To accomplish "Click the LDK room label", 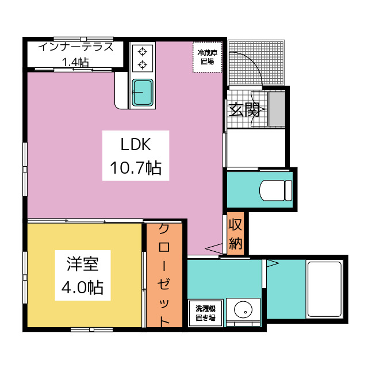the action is (136, 144).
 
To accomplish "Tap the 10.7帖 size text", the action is (136, 168).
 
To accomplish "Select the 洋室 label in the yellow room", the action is (83, 264).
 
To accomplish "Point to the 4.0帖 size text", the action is (82, 287).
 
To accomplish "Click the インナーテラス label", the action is (76, 47).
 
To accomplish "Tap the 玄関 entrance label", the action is (244, 109).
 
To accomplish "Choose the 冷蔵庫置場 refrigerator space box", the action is (208, 57).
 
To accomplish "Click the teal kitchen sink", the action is (143, 92).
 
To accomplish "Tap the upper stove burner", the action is (143, 51).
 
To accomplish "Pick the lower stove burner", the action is (143, 64).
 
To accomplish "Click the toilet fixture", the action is (276, 190).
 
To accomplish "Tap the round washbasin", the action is (243, 309).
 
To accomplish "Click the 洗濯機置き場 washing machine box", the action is (206, 313).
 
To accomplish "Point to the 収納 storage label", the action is (235, 234).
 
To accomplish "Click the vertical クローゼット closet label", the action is (164, 275).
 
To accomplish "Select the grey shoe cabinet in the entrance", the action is (277, 109).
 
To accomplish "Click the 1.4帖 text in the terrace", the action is (75, 62).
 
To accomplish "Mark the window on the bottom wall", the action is (91, 329).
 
